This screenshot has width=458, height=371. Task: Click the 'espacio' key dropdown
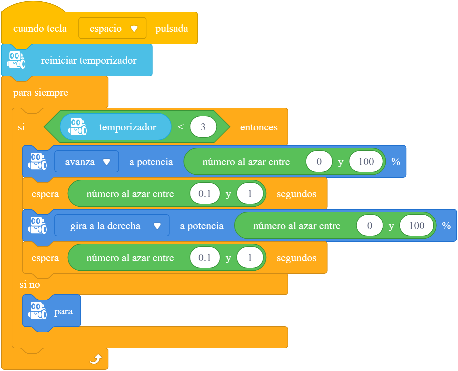pos(112,28)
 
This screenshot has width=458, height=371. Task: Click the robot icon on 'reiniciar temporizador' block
pos(16,60)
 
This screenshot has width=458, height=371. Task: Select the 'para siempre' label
pos(41,93)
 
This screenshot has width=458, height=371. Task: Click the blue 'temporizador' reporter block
pos(115,127)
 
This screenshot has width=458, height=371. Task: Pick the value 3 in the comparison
pos(203,127)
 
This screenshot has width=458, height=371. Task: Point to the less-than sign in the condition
pos(180,127)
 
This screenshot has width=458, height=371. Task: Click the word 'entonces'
pos(259,127)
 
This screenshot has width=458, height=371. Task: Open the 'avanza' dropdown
pos(86,161)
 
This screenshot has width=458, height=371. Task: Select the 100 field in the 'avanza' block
pos(366,161)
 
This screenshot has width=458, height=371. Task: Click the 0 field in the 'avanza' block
pos(319,161)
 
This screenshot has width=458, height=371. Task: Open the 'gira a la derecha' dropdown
pos(112,225)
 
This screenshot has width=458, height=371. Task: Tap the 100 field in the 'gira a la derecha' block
pos(417,225)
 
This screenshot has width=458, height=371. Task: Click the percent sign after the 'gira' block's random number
pos(446,226)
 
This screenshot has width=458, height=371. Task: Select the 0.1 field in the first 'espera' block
pos(205,193)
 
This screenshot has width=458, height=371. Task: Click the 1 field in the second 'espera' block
pos(250,257)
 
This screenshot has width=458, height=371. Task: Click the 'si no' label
pos(30,284)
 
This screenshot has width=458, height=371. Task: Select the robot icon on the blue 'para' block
pos(37,311)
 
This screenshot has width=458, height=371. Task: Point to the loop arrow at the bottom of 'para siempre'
pos(96,359)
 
